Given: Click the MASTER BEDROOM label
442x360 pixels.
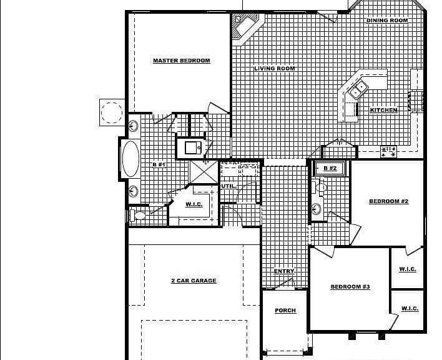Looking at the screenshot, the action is (182, 61).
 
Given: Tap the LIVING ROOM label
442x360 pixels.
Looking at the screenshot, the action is (275, 69).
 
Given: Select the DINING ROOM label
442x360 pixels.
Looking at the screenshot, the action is (387, 21).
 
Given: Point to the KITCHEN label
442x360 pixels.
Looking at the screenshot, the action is (384, 110).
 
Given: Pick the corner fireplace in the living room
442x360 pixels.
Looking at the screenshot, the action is (245, 27).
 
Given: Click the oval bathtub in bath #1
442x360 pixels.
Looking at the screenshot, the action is (131, 159).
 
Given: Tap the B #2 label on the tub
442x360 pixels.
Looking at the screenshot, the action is (330, 168).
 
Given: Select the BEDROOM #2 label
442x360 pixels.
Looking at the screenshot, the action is (389, 201).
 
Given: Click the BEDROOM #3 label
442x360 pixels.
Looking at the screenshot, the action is (350, 287).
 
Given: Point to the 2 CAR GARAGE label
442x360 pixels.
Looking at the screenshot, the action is (194, 281).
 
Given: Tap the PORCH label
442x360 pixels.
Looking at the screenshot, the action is (285, 311).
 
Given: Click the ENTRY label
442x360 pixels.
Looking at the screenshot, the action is (284, 271).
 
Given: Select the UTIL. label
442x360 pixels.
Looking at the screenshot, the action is (229, 186).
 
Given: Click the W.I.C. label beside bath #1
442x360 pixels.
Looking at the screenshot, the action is (194, 204).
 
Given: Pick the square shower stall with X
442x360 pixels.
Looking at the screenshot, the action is (204, 172).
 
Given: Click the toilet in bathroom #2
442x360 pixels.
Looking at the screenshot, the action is (320, 186).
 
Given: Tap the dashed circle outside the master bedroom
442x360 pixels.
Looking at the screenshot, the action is (112, 112).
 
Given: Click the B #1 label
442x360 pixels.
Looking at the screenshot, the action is (159, 164).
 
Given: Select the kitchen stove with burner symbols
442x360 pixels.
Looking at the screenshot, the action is (388, 151).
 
